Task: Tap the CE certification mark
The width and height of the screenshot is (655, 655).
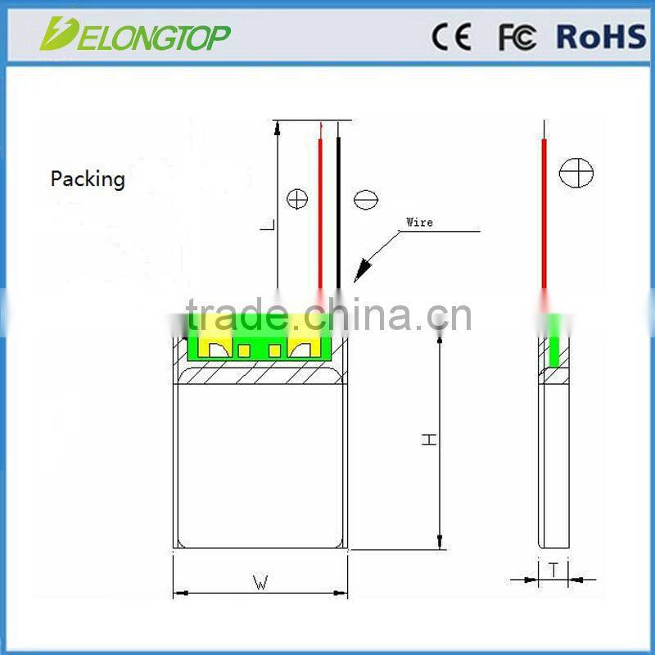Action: (x=451, y=37)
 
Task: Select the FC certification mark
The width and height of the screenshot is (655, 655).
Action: (x=517, y=37)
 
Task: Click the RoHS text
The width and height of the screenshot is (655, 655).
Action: (x=601, y=37)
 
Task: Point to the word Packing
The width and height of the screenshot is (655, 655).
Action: (x=88, y=178)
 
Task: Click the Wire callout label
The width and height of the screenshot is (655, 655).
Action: (x=419, y=222)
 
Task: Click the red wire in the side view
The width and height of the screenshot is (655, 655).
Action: (x=544, y=213)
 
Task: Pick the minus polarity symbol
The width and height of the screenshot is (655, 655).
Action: (x=365, y=199)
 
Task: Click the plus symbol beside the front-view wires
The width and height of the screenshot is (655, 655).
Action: (x=296, y=198)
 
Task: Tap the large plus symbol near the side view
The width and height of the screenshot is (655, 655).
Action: (x=576, y=173)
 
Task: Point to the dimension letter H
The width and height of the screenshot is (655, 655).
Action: (x=429, y=439)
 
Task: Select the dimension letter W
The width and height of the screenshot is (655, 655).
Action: (x=260, y=583)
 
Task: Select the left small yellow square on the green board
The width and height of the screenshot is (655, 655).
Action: (x=244, y=351)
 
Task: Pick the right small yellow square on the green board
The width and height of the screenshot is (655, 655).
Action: (x=275, y=351)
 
